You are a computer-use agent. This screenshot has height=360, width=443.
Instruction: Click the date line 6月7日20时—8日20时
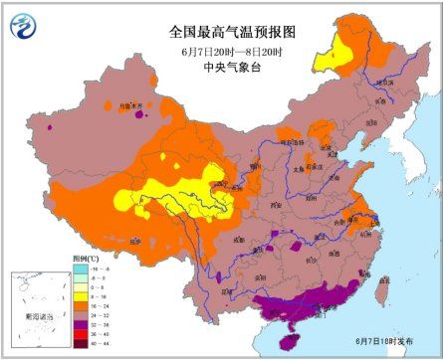[x=222, y=50]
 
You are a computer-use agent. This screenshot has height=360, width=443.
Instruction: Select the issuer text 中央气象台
[x=222, y=68]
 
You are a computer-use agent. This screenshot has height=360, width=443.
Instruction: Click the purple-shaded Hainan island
[x=289, y=339]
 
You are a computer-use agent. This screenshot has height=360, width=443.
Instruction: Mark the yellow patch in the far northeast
[x=328, y=61]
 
